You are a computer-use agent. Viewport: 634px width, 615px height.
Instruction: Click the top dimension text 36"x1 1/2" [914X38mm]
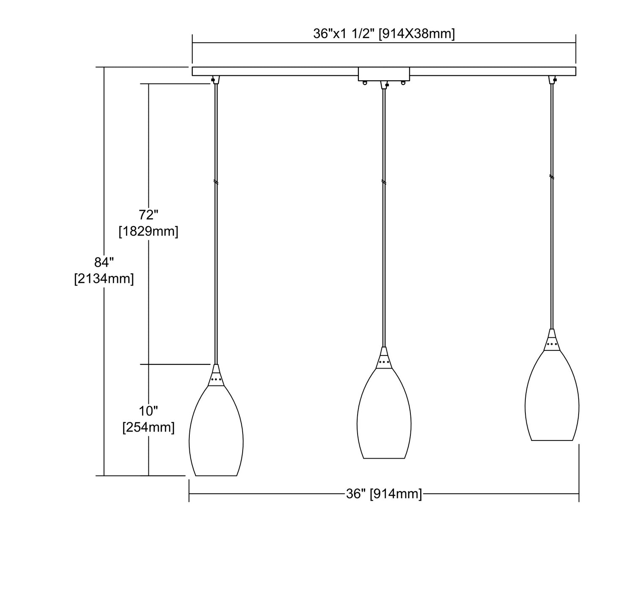384,34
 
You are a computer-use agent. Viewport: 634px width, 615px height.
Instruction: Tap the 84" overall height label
104,262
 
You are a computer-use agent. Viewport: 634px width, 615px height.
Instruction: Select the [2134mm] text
104,279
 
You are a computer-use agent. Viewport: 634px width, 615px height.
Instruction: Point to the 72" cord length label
148,215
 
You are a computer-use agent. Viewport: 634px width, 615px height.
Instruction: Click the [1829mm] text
148,232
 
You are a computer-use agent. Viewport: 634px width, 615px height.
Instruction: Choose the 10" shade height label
148,410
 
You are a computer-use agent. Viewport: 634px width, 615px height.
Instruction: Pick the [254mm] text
148,427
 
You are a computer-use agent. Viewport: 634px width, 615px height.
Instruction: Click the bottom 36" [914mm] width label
384,494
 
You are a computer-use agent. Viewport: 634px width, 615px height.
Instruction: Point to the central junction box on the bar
384,74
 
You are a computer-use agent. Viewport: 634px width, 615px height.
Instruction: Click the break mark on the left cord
216,182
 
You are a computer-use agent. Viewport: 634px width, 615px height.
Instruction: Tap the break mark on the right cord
552,176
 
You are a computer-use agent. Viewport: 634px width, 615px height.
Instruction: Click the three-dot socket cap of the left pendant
216,380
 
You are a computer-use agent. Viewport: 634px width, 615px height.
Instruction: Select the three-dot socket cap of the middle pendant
384,362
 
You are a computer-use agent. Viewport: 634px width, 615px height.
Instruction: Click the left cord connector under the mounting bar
215,79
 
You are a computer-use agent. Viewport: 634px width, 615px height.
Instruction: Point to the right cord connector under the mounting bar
552,79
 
